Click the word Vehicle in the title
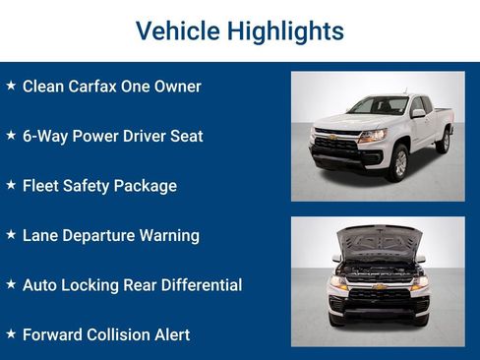click(176, 31)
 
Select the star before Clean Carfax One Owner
click(11, 86)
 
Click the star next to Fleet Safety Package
click(11, 185)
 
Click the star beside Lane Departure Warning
click(11, 235)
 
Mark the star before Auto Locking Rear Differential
click(11, 284)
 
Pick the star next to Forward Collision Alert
click(11, 334)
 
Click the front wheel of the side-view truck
click(397, 162)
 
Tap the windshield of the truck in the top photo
click(376, 106)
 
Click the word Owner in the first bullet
click(178, 87)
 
